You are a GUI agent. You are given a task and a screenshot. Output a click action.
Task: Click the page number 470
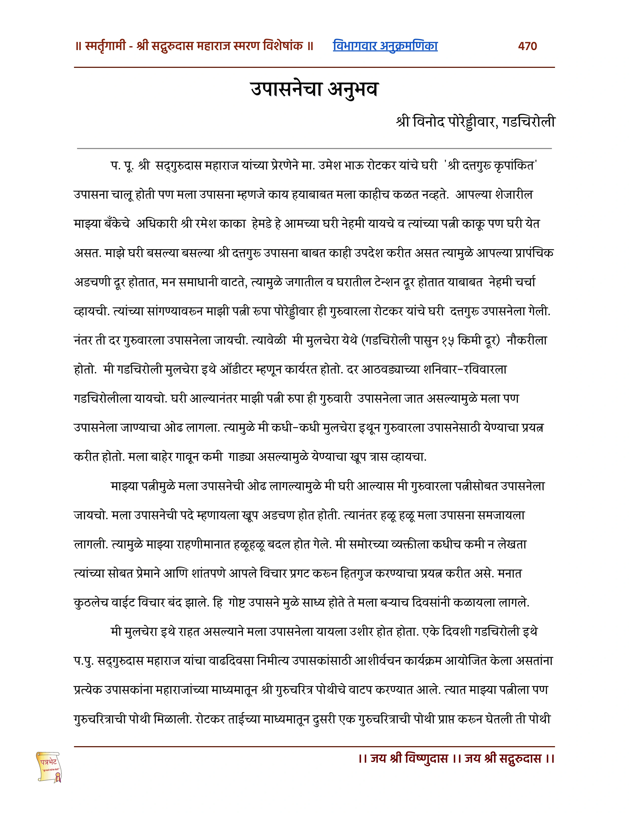pyautogui.click(x=527, y=46)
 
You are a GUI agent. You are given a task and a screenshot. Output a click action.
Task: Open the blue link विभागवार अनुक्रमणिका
pyautogui.click(x=385, y=46)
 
